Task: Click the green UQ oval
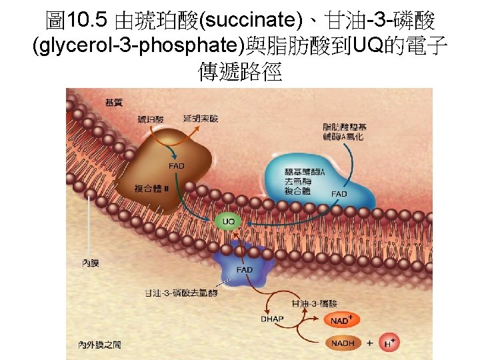[x=228, y=221]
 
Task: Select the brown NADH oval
[x=343, y=343]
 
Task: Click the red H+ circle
[x=392, y=343]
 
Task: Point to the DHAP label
[x=272, y=319]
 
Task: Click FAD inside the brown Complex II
[x=177, y=165]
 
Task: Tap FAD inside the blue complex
[x=339, y=194]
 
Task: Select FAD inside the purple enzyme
[x=245, y=269]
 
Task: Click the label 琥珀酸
[x=150, y=119]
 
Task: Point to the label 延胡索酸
[x=201, y=119]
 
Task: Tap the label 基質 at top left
[x=113, y=102]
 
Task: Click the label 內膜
[x=90, y=263]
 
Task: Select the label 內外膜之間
[x=99, y=345]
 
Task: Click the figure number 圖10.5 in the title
[x=77, y=21]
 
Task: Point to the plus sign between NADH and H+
[x=369, y=343]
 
